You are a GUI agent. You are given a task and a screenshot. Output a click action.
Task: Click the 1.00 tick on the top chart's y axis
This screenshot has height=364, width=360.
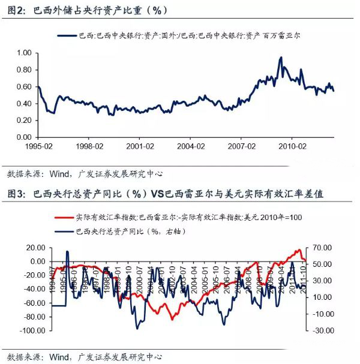(22, 53)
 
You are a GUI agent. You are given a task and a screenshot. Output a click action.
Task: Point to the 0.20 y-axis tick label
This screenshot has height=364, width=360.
(22, 120)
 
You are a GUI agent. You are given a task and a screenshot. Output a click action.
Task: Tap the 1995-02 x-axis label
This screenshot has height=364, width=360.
(39, 146)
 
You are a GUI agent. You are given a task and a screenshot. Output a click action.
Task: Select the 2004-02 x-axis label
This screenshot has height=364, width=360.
(193, 146)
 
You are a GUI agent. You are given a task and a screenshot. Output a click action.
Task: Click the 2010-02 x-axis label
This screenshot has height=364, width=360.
(295, 146)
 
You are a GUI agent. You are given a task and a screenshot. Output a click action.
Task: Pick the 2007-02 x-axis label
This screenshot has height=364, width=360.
(244, 146)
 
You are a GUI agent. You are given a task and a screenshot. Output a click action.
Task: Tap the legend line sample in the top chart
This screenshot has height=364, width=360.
(68, 37)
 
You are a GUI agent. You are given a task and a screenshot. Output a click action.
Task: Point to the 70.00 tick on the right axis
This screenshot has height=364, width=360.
(322, 247)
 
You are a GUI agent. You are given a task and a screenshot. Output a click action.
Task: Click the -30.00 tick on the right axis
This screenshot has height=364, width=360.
(322, 330)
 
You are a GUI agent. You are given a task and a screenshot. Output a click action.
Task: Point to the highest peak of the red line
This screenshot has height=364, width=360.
(298, 250)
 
